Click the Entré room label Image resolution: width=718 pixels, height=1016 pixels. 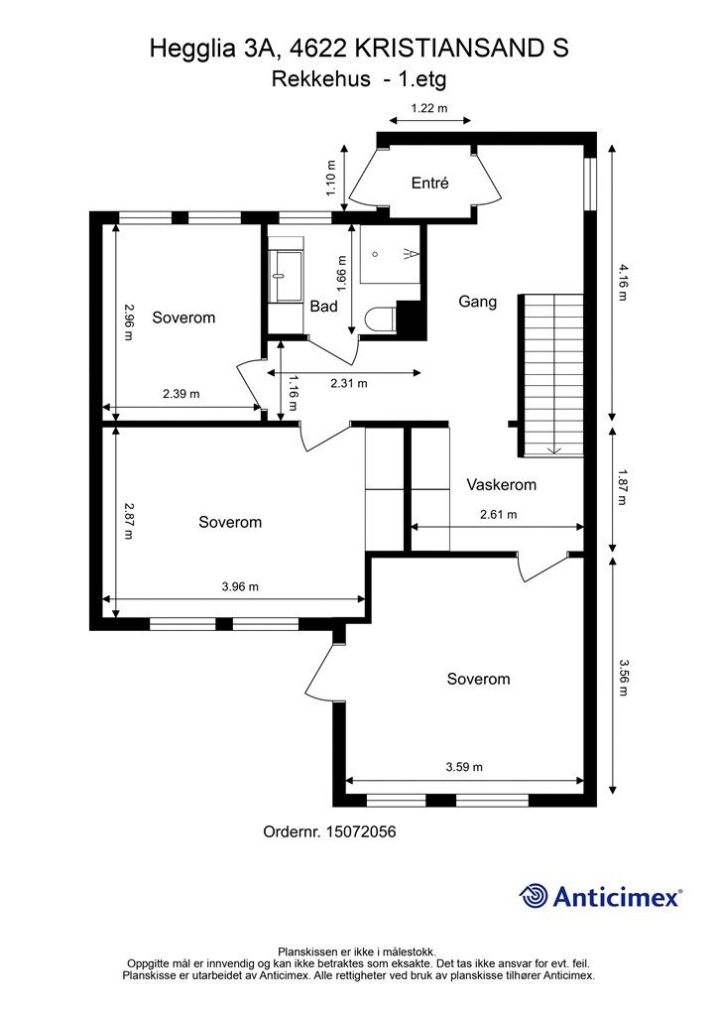coord(430,183)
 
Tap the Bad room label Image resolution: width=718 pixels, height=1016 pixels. coord(323,307)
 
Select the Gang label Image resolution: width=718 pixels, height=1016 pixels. coord(477,302)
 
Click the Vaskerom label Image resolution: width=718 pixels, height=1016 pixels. coord(501,485)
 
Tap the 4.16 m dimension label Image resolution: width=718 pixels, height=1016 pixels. coord(622,281)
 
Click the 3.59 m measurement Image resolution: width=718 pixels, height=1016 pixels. coord(464,767)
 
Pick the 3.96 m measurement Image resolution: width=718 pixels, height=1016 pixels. coord(240,586)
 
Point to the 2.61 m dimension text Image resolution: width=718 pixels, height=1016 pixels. coord(498,515)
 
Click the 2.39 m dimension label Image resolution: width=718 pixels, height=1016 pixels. coord(181,394)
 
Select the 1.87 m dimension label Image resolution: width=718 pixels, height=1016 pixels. coord(622,487)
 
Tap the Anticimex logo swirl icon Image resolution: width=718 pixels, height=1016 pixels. coord(535,896)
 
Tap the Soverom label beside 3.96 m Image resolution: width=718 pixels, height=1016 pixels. coord(230,522)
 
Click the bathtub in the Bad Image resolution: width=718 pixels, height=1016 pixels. coord(287,275)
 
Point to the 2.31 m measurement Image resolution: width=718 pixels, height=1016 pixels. coord(348,383)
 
